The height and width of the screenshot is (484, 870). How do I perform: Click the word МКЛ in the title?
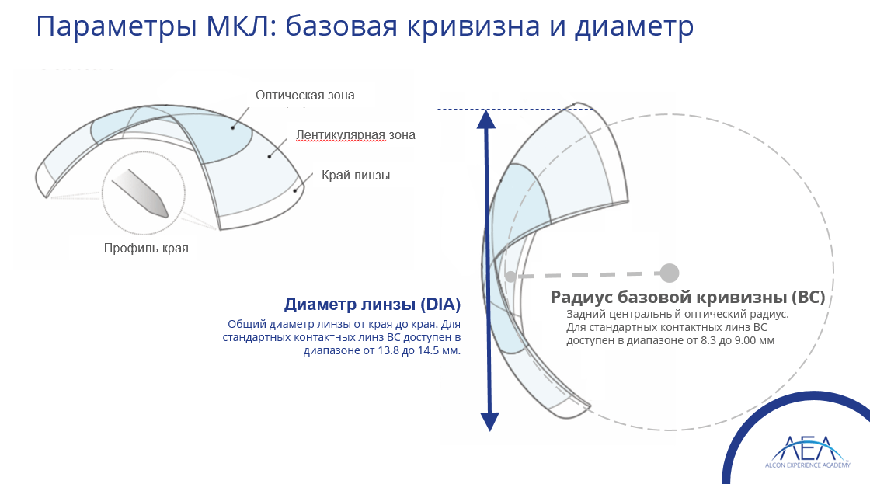239,26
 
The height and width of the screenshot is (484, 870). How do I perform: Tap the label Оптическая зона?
305,96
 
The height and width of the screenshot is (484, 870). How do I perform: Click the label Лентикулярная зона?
356,135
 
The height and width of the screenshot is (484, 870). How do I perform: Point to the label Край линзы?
356,176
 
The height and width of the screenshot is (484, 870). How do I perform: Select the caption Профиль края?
146,248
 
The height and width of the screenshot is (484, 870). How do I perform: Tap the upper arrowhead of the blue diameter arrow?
486,119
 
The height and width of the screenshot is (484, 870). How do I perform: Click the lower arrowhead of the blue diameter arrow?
489,422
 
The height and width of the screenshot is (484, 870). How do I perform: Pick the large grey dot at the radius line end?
670,273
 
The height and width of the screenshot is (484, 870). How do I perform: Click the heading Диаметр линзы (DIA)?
372,305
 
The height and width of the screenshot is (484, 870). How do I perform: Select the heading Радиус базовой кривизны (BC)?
688,297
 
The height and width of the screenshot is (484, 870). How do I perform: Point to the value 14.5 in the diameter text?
430,351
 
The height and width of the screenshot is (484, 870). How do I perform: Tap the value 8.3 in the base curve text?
708,341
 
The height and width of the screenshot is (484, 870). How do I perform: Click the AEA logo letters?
807,447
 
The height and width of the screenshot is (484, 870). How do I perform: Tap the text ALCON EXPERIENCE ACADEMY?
807,465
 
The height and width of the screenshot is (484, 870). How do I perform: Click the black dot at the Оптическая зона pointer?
233,127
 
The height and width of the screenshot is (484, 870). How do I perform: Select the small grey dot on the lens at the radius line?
510,276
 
